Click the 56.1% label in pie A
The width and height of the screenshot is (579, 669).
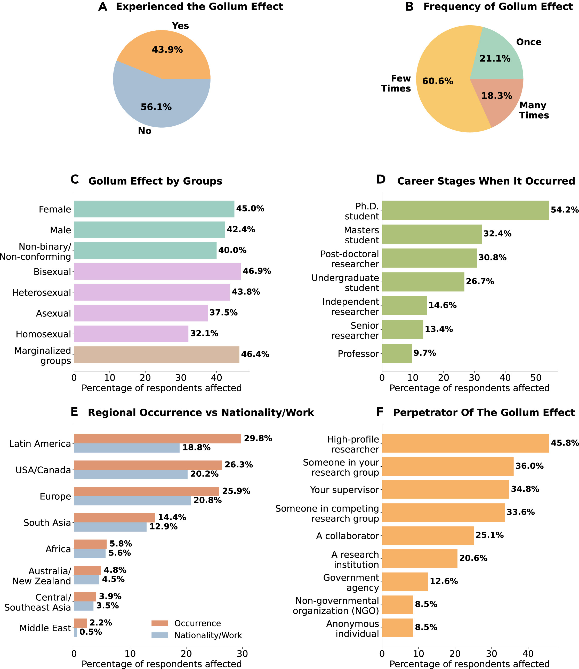coord(156,107)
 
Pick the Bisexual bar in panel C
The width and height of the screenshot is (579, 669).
coord(157,271)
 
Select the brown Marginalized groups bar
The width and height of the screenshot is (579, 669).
coord(156,354)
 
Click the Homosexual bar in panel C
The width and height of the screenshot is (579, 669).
coord(131,334)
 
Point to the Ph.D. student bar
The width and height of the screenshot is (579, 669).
coord(465,210)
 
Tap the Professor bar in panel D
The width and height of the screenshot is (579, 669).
coord(397,353)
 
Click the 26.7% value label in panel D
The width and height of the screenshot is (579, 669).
coord(480,281)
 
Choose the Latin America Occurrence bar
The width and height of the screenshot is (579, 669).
coord(157,439)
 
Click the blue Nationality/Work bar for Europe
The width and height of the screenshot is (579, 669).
coord(132,500)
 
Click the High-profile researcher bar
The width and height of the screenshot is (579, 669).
coord(465,443)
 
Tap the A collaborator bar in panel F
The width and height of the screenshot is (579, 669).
coord(428,536)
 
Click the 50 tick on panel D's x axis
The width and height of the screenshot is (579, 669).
coord(536,377)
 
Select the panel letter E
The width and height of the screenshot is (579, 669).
coord(74,412)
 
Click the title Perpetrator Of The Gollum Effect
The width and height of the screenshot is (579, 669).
coord(484,413)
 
